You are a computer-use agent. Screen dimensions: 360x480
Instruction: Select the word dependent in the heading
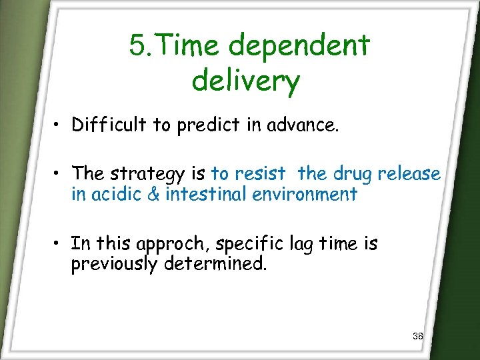299,47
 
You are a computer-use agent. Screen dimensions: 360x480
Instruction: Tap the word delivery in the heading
245,81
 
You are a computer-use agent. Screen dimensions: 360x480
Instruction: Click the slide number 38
418,336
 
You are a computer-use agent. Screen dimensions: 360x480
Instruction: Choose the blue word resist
258,174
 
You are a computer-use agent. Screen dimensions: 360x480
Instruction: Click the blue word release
409,174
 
